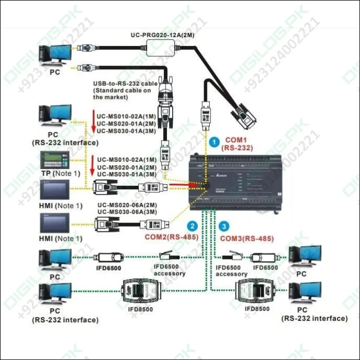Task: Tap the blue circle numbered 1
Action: tap(213, 142)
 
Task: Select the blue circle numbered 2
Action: tap(193, 226)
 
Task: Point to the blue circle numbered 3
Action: tap(224, 227)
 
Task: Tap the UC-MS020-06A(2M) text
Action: tap(127, 205)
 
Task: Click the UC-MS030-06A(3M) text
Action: tap(127, 212)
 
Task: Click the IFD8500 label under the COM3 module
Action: tap(257, 309)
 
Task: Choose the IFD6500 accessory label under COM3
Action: tap(232, 271)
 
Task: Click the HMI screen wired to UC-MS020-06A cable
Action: tap(57, 222)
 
